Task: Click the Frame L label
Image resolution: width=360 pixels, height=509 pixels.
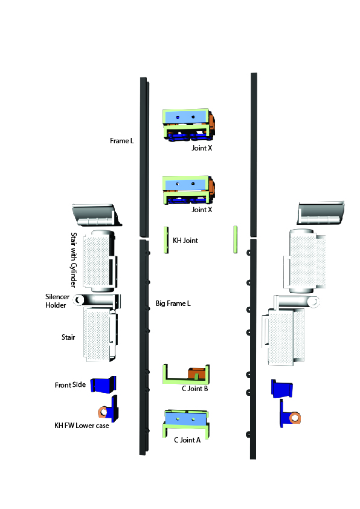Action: point(121,141)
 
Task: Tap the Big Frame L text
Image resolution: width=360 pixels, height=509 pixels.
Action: point(173,303)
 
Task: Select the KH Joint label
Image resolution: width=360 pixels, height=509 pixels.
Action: point(185,241)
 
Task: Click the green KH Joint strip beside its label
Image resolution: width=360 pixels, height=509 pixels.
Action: point(166,240)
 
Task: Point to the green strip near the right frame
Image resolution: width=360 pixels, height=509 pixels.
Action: point(235,239)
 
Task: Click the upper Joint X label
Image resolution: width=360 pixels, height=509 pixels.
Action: point(202,148)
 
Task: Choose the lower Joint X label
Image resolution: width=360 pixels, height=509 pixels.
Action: point(202,210)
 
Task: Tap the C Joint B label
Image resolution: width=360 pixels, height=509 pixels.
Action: point(194,389)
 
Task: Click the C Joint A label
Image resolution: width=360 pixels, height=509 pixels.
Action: point(187,440)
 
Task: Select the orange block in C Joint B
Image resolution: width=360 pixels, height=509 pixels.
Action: point(197,373)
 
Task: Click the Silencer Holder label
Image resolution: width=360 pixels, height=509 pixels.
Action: point(57,301)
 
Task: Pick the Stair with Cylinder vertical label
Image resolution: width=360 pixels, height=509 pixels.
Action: point(74,260)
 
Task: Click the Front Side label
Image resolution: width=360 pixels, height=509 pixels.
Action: point(70,385)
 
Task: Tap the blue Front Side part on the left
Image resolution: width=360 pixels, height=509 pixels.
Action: point(103,384)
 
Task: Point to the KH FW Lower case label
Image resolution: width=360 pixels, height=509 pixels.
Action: point(82,426)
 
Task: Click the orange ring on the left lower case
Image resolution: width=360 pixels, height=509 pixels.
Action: point(103,412)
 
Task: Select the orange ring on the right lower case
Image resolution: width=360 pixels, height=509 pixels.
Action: point(295,418)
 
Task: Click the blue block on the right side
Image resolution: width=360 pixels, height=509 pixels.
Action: point(282,389)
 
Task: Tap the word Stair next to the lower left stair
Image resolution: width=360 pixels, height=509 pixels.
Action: point(68,337)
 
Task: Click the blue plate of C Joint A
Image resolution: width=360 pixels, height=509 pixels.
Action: point(186,418)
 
